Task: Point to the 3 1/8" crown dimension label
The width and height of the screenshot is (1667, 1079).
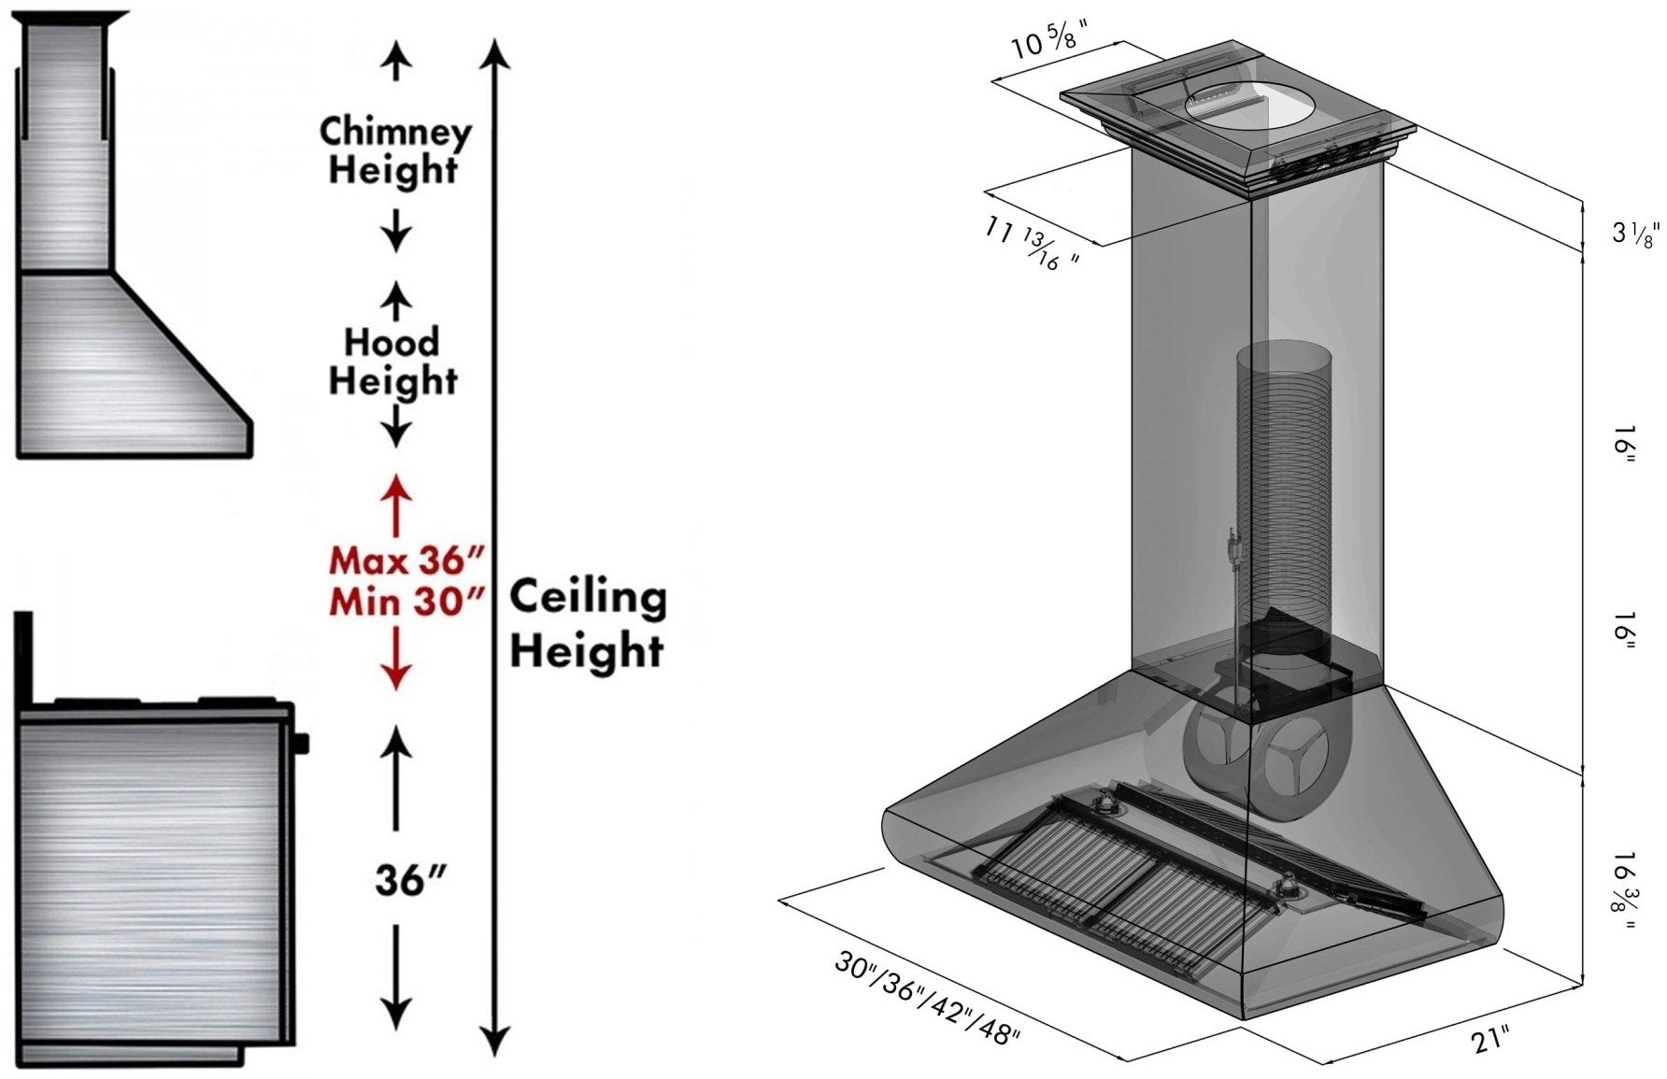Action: (1634, 234)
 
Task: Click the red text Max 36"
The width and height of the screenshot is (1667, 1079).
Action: (406, 561)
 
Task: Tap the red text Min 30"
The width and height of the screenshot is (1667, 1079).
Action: (406, 602)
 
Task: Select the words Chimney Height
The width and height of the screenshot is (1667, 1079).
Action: (394, 151)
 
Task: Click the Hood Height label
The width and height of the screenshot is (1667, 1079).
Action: (392, 362)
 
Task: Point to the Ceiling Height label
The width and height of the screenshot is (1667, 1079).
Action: (587, 623)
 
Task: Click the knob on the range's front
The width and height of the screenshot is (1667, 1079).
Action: (301, 744)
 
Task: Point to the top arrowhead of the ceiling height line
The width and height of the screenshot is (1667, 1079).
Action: (495, 54)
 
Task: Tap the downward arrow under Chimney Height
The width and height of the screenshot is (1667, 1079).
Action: (396, 231)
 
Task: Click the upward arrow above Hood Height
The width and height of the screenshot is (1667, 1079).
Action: (396, 301)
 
